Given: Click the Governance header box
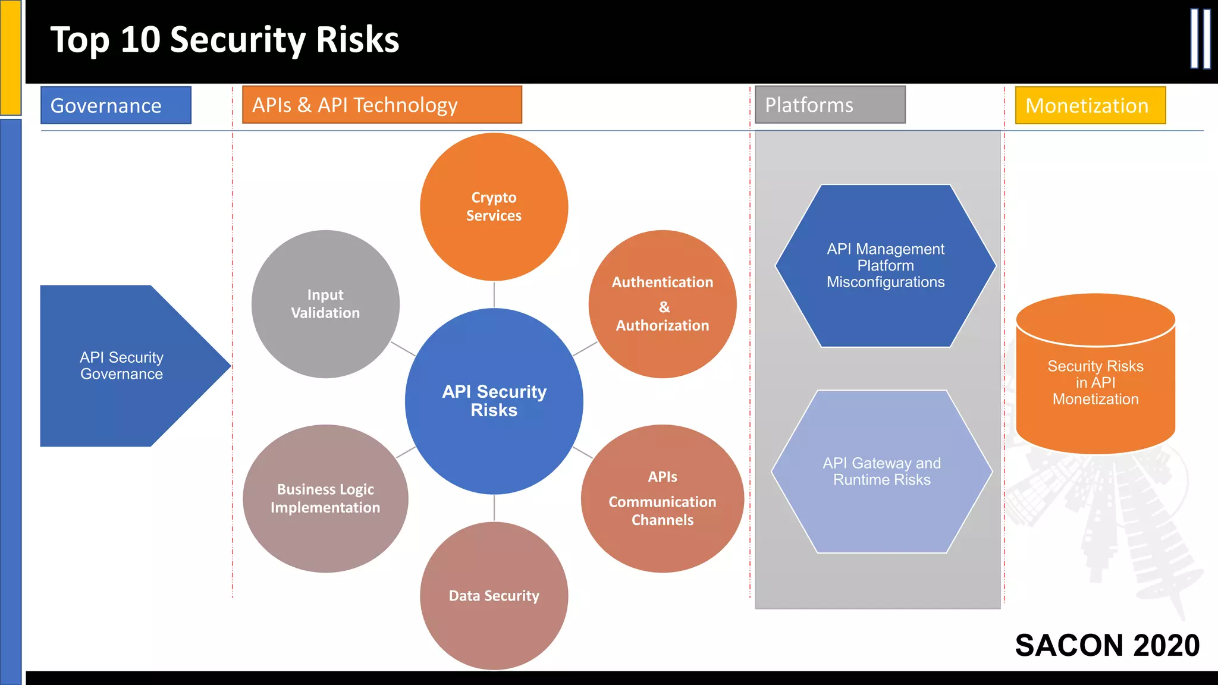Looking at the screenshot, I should pyautogui.click(x=116, y=105).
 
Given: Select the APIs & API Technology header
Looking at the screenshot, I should pyautogui.click(x=382, y=105).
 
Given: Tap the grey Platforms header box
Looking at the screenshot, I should pyautogui.click(x=830, y=105).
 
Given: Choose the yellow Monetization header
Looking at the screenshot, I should pyautogui.click(x=1090, y=105).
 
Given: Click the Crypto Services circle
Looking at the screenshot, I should pyautogui.click(x=494, y=206).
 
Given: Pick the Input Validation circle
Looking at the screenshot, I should pyautogui.click(x=325, y=304).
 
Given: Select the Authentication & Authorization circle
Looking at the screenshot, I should pyautogui.click(x=663, y=304).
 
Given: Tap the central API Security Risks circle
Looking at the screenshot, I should pyautogui.click(x=494, y=401).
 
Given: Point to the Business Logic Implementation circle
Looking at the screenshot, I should pyautogui.click(x=325, y=498).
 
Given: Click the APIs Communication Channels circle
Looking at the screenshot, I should pyautogui.click(x=663, y=498).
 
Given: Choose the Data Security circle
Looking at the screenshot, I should pyautogui.click(x=494, y=596).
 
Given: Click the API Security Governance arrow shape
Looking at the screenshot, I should pyautogui.click(x=122, y=366).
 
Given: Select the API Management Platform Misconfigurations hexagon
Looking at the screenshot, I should pyautogui.click(x=886, y=265).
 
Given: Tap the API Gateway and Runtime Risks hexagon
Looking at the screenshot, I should pyautogui.click(x=882, y=472).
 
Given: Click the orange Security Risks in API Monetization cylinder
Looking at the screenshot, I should pyautogui.click(x=1095, y=382).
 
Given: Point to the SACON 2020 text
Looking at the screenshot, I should pyautogui.click(x=1107, y=645).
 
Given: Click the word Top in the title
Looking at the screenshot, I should pyautogui.click(x=80, y=40).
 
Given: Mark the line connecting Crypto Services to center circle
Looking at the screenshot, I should pyautogui.click(x=494, y=294).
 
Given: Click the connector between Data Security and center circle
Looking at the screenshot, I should pyautogui.click(x=494, y=508).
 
